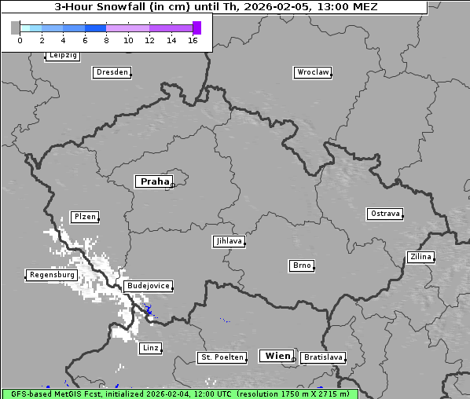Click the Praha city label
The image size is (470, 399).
154,181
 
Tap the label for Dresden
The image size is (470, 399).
112,72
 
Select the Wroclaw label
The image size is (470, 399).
313,72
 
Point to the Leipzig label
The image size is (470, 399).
62,56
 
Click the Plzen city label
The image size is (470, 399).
84,217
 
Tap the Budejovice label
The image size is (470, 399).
147,287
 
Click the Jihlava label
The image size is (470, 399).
229,242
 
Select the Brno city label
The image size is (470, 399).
302,266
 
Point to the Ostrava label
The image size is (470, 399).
385,214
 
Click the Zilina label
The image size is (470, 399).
420,257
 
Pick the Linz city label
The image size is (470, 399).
150,348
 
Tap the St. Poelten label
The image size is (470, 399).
222,357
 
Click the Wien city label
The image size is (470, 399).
277,356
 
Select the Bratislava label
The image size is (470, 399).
323,357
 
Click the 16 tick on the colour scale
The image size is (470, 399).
193,41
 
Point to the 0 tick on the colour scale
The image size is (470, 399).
20,41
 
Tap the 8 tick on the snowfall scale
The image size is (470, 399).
106,41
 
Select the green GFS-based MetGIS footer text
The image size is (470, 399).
179,394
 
